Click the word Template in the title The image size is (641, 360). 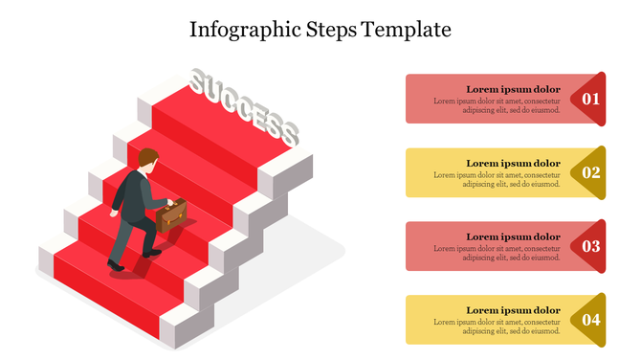408,30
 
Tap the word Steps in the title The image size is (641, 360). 331,30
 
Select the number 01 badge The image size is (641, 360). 591,99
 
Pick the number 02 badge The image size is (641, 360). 591,172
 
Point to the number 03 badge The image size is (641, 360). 591,246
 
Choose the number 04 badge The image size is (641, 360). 591,320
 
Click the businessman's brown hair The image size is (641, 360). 147,157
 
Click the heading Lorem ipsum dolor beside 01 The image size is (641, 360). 513,89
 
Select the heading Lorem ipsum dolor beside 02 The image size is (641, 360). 513,163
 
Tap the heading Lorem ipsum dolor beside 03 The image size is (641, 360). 513,236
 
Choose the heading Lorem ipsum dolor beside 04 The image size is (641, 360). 513,310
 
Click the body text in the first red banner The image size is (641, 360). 497,105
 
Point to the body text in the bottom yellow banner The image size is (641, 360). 497,326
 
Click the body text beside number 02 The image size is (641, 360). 497,179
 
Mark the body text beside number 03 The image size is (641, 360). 497,253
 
